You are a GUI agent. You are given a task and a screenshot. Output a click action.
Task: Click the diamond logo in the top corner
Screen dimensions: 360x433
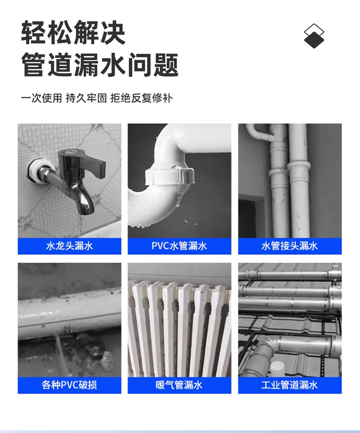314,36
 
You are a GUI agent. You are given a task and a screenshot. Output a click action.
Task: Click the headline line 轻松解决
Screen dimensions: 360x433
73,33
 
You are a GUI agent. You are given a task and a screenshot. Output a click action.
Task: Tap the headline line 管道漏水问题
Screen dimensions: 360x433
100,65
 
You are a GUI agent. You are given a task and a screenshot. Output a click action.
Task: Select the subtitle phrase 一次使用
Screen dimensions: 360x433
41,98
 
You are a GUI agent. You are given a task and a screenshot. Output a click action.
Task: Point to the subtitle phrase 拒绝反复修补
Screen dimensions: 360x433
141,98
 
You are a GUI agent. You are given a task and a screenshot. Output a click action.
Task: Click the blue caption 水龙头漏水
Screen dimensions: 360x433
69,246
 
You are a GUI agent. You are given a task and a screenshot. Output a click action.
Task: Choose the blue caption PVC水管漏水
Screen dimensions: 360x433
179,246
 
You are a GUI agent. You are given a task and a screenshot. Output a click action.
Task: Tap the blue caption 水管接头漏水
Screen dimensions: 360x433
289,246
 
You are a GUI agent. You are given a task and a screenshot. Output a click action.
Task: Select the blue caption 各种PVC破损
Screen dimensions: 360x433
69,385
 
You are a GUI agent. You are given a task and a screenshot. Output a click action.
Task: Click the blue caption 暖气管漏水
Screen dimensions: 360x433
179,385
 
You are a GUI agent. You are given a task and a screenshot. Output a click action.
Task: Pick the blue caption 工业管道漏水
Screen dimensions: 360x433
289,385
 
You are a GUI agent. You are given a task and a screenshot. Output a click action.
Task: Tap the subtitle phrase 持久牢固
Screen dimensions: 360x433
86,98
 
